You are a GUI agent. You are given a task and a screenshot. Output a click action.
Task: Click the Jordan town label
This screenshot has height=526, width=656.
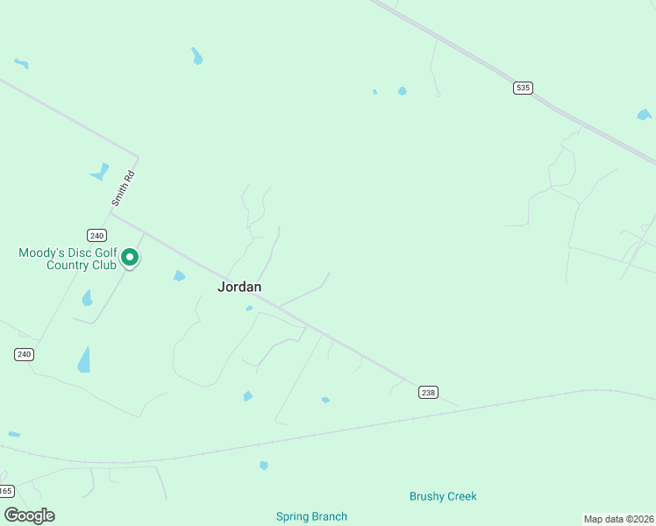pyautogui.click(x=239, y=287)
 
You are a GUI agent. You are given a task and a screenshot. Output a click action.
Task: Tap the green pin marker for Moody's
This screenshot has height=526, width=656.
pyautogui.click(x=130, y=257)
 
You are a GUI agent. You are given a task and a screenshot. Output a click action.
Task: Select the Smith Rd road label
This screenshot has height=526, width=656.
pyautogui.click(x=123, y=188)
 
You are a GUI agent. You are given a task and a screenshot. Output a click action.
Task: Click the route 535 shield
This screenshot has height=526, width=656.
pyautogui.click(x=523, y=88)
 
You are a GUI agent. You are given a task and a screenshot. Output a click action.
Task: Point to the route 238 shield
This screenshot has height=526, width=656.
pyautogui.click(x=428, y=393)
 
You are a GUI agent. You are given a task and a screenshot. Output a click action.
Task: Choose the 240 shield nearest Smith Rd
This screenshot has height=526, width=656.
pyautogui.click(x=96, y=235)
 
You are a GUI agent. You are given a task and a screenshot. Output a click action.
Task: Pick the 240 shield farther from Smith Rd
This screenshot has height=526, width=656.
pyautogui.click(x=24, y=354)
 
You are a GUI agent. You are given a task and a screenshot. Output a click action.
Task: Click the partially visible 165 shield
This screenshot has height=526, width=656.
pyautogui.click(x=6, y=491)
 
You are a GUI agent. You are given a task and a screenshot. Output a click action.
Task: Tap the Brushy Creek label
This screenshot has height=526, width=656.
pyautogui.click(x=443, y=496)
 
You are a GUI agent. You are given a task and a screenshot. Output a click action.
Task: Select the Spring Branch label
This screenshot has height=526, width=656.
pyautogui.click(x=311, y=516)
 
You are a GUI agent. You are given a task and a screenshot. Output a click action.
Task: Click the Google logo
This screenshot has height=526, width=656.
pyautogui.click(x=29, y=515)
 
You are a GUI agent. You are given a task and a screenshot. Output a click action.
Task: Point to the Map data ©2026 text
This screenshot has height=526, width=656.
pyautogui.click(x=619, y=518)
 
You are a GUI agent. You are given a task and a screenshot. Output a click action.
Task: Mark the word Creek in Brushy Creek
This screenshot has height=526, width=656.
pyautogui.click(x=461, y=496)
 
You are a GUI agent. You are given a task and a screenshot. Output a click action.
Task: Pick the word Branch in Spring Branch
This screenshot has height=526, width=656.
pyautogui.click(x=329, y=516)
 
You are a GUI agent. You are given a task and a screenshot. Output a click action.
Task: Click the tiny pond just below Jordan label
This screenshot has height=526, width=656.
pyautogui.click(x=249, y=309)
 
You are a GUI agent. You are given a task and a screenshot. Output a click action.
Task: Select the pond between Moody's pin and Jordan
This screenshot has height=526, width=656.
pyautogui.click(x=179, y=276)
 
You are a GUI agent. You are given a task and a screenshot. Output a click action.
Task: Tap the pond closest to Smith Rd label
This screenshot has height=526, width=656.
pyautogui.click(x=100, y=172)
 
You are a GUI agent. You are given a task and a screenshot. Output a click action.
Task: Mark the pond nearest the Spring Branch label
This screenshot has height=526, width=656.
pyautogui.click(x=263, y=465)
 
